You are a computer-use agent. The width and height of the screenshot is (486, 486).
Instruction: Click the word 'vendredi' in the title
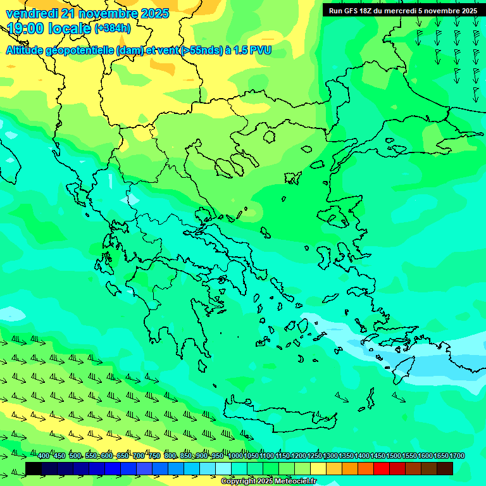(32, 13)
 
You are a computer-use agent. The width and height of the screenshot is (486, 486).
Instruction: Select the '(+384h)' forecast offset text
(113, 28)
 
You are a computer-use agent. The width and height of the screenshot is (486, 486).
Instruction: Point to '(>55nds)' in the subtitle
(197, 50)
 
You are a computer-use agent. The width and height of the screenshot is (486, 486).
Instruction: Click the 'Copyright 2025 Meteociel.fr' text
(268, 482)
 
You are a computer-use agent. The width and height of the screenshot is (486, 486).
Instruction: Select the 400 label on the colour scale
(44, 456)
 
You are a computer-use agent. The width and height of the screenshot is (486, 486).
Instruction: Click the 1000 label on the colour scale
(235, 456)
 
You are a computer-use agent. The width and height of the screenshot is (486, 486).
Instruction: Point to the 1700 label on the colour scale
(456, 456)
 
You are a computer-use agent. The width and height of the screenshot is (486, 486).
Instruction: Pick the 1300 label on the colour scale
(330, 456)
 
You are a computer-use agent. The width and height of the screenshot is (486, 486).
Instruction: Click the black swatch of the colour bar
(34, 468)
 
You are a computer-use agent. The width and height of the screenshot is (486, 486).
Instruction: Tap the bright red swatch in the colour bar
(382, 468)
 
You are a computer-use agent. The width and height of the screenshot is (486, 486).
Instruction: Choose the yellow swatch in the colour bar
(318, 468)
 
